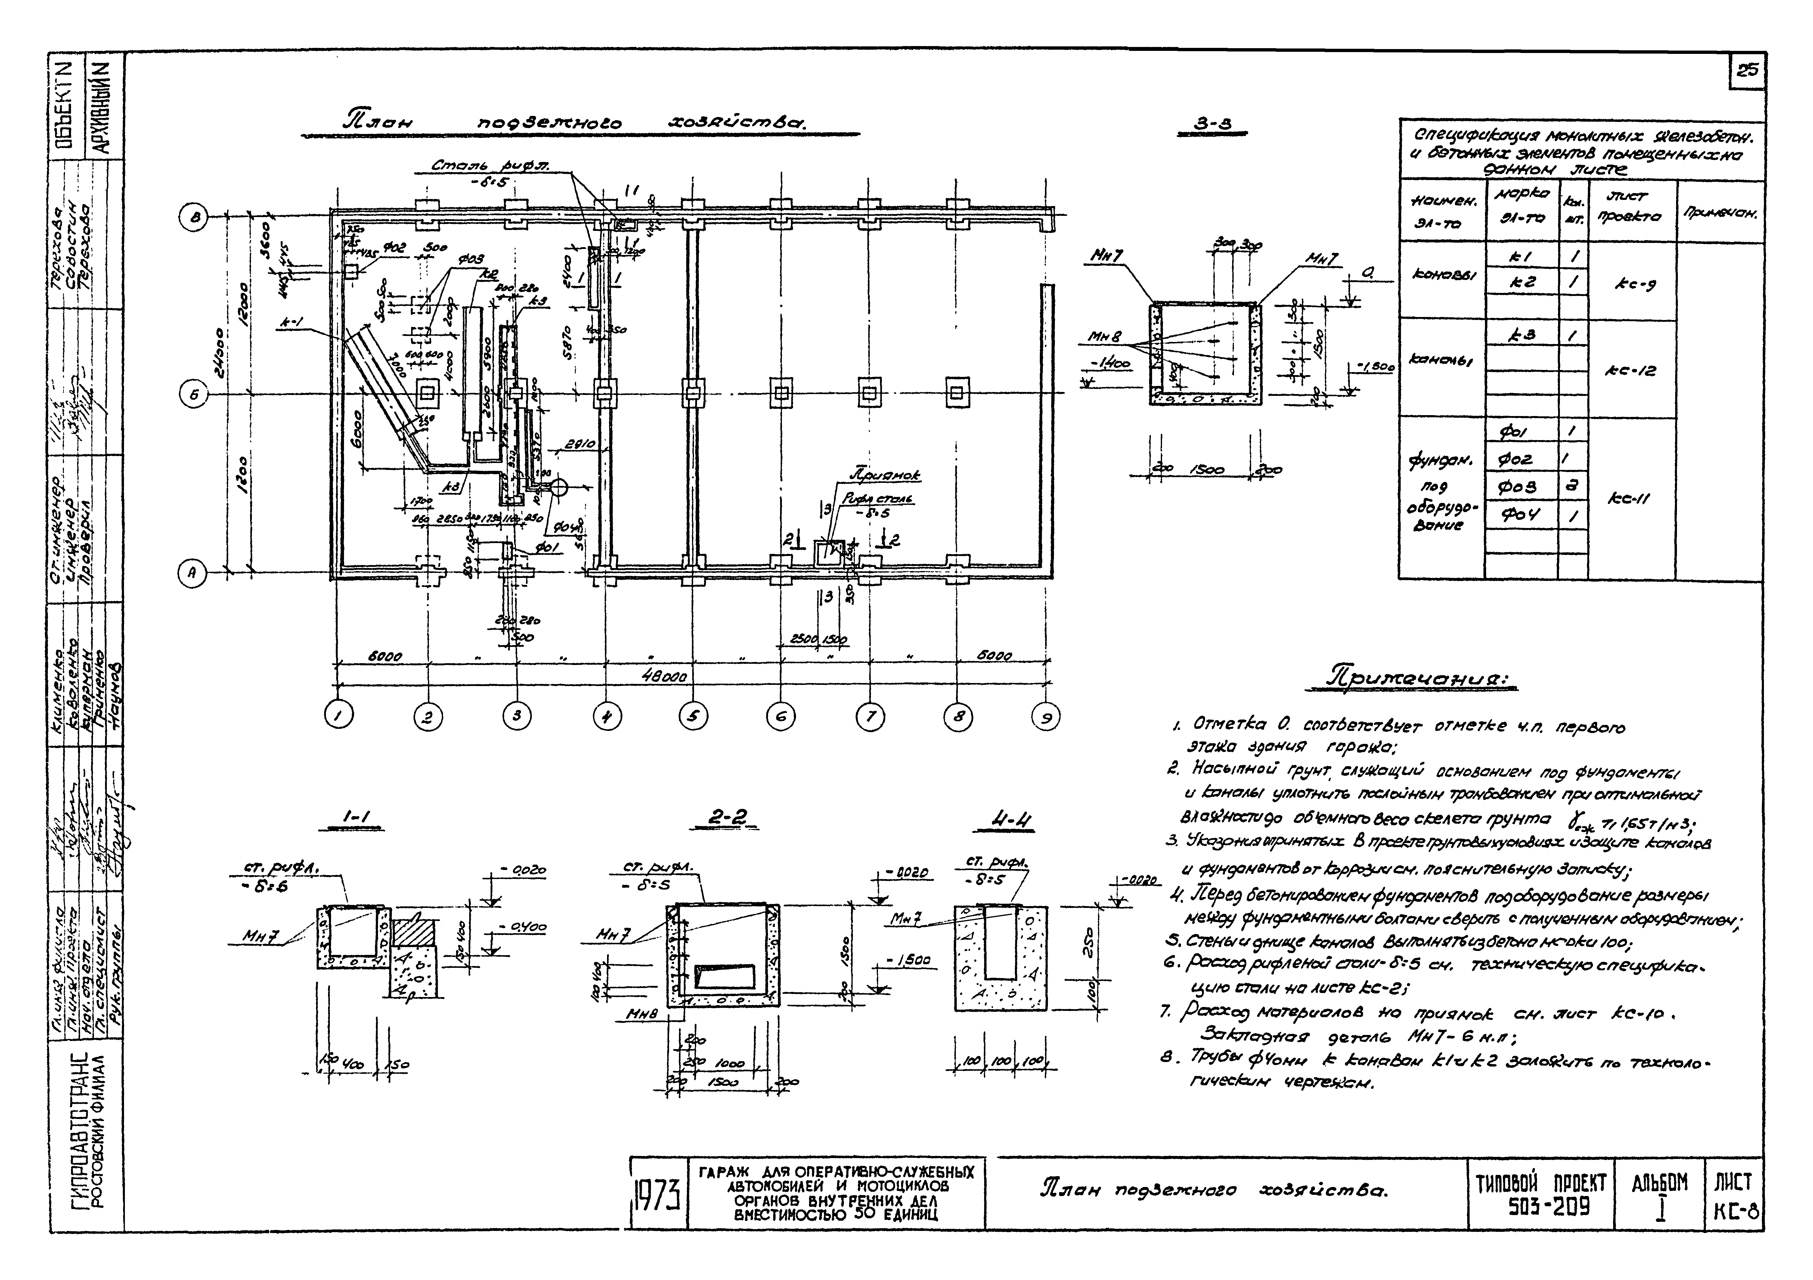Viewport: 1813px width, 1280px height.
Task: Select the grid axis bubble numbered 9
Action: pos(1046,717)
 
